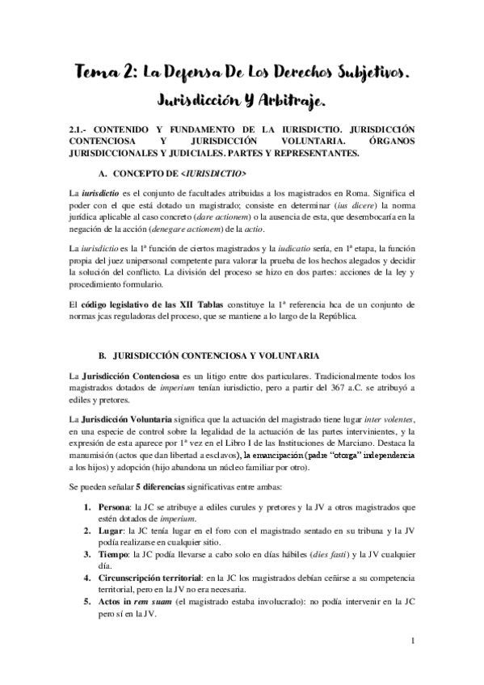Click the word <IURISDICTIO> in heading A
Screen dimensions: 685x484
216,174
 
